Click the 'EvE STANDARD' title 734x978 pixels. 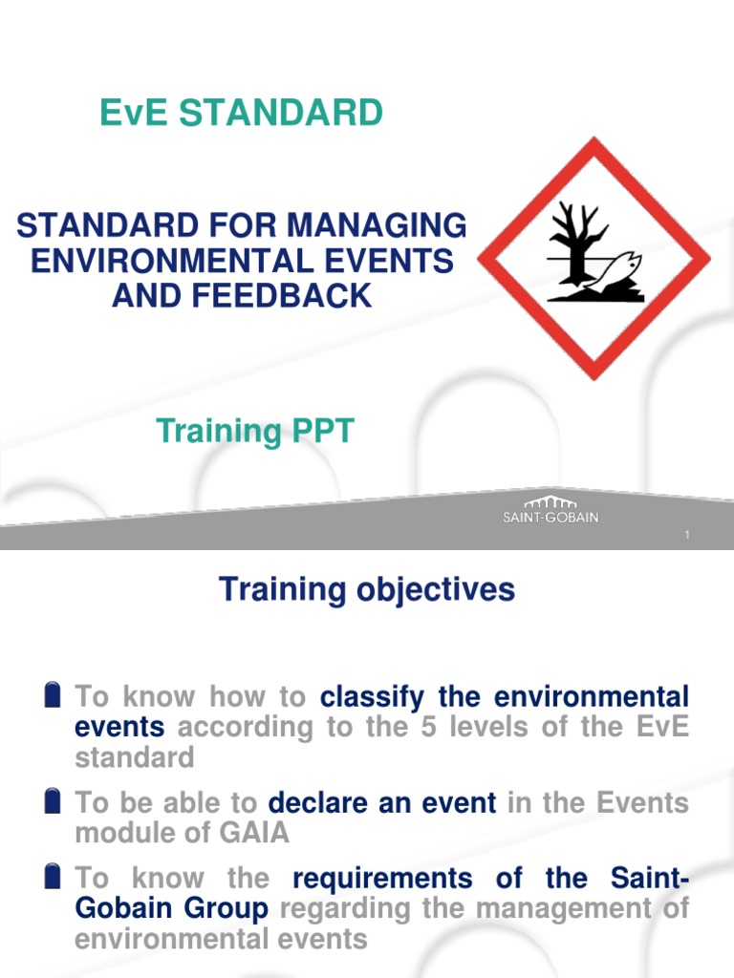[x=241, y=114]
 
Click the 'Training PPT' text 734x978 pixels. [x=255, y=432]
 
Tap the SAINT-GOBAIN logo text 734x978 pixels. [x=550, y=518]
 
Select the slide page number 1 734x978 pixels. [x=687, y=536]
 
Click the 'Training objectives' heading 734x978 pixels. [x=367, y=589]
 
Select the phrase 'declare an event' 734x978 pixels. [x=382, y=802]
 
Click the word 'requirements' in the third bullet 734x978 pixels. [x=382, y=878]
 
